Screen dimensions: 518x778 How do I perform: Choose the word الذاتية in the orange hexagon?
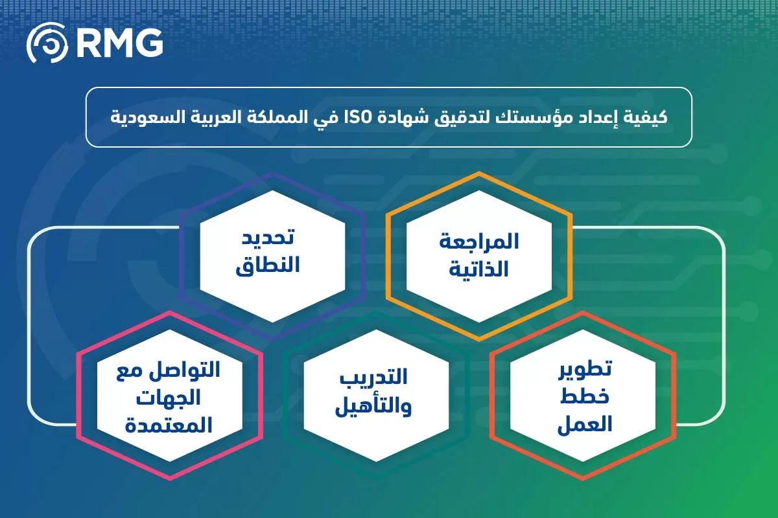point(479,269)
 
